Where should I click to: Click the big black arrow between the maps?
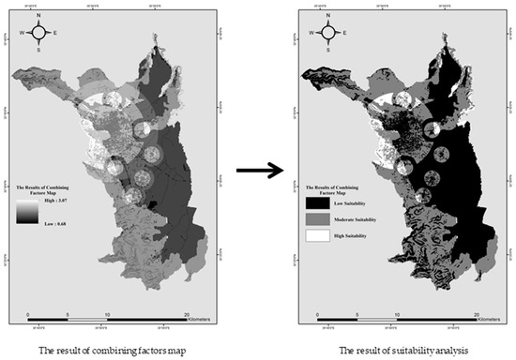[260, 170]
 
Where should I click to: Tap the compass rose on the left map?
[38, 33]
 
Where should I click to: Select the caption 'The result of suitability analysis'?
[393, 350]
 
